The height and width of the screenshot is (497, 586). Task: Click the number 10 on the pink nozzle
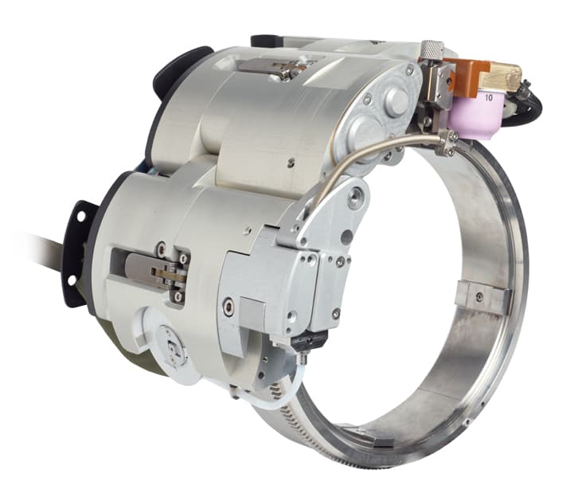488,98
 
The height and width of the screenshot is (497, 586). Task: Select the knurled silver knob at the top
432,49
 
